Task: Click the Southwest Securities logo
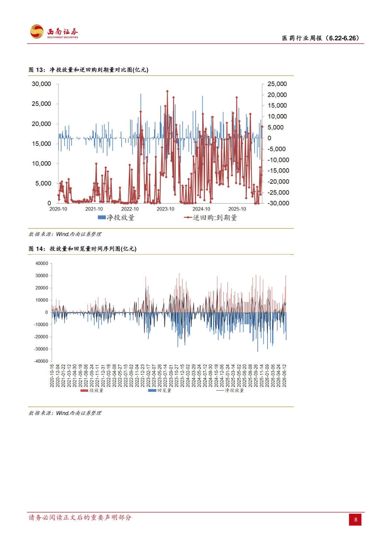click(54, 32)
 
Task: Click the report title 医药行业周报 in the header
click(302, 38)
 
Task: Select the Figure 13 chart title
click(89, 70)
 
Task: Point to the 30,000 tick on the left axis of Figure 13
click(41, 84)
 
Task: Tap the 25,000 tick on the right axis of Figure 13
click(277, 84)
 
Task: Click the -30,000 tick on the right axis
click(278, 203)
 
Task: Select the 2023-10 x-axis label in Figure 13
click(165, 209)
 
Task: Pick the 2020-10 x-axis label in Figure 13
click(58, 209)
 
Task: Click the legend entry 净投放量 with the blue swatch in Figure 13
click(116, 217)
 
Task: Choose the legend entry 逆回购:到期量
click(210, 217)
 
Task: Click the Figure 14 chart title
click(83, 249)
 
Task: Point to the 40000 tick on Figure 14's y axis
click(42, 263)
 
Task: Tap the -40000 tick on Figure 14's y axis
click(41, 361)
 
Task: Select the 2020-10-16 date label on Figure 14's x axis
click(52, 376)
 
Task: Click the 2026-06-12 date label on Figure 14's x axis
click(284, 376)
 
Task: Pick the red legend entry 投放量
click(92, 390)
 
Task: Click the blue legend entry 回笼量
click(160, 390)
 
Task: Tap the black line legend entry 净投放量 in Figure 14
click(230, 390)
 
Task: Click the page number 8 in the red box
click(356, 520)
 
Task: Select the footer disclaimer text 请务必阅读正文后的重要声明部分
click(80, 517)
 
